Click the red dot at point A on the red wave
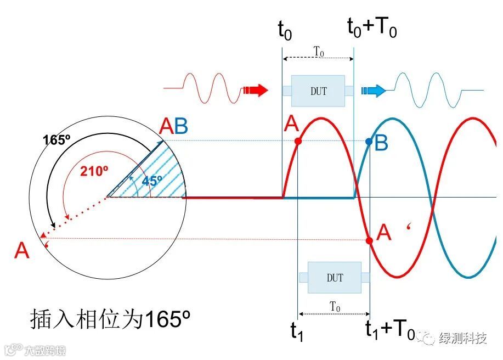pos(298,141)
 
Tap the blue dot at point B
pos(369,142)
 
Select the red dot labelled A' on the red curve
pos(369,240)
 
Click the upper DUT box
pos(318,91)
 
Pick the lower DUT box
pos(335,278)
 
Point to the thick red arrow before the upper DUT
pos(256,90)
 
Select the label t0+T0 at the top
pos(372,27)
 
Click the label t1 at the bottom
pos(297,331)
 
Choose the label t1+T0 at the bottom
pos(390,329)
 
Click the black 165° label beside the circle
pos(57,139)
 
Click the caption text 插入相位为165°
pos(109,319)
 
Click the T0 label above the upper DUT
pos(318,50)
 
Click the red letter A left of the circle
pos(22,251)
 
